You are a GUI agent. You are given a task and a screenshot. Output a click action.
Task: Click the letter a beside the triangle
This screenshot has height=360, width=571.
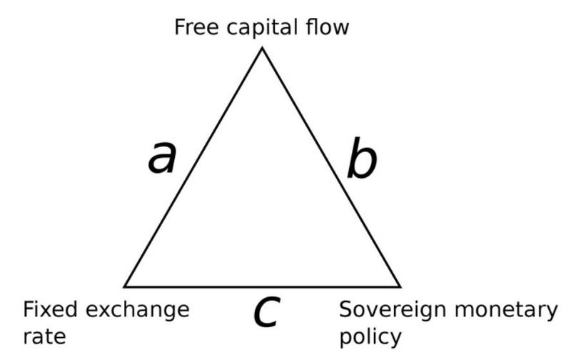click(162, 158)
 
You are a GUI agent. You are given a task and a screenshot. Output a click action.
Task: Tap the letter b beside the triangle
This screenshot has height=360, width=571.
click(361, 160)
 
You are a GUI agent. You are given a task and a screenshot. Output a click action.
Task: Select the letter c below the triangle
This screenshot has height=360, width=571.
click(265, 313)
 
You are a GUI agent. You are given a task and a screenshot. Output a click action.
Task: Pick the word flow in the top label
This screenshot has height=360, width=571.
click(330, 28)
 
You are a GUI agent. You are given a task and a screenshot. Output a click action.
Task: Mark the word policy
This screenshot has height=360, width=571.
click(370, 336)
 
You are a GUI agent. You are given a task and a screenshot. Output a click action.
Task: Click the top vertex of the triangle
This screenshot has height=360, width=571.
click(262, 48)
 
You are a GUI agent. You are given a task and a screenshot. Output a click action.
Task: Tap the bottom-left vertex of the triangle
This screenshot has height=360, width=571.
click(125, 286)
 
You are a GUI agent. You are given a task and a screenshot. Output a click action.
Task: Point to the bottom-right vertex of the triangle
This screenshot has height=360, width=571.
click(400, 286)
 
